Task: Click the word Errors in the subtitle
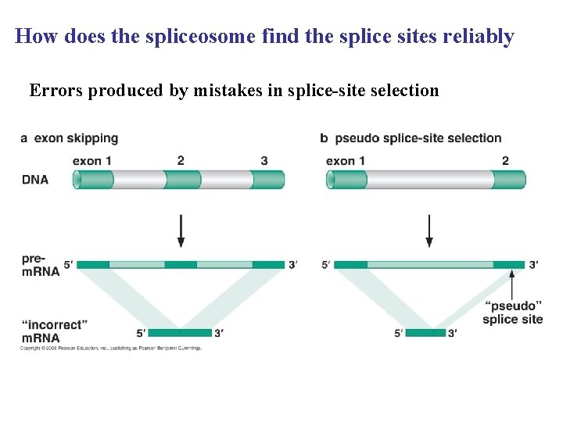[x=56, y=91]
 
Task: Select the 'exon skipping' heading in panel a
[x=76, y=138]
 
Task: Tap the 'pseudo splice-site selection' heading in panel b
[x=418, y=138]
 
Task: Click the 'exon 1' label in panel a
[x=91, y=161]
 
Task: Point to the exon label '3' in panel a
[x=264, y=161]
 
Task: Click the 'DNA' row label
[x=34, y=180]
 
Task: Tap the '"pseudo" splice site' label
[x=512, y=313]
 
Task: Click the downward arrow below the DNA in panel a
[x=181, y=231]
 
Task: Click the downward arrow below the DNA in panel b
[x=429, y=231]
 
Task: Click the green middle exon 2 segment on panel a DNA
[x=183, y=180]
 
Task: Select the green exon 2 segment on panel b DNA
[x=508, y=180]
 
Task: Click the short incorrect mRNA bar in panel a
[x=180, y=333]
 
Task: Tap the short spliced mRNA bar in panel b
[x=427, y=333]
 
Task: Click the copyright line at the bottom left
[x=110, y=348]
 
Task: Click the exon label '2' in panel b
[x=505, y=161]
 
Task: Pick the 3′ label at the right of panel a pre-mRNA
[x=292, y=265]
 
